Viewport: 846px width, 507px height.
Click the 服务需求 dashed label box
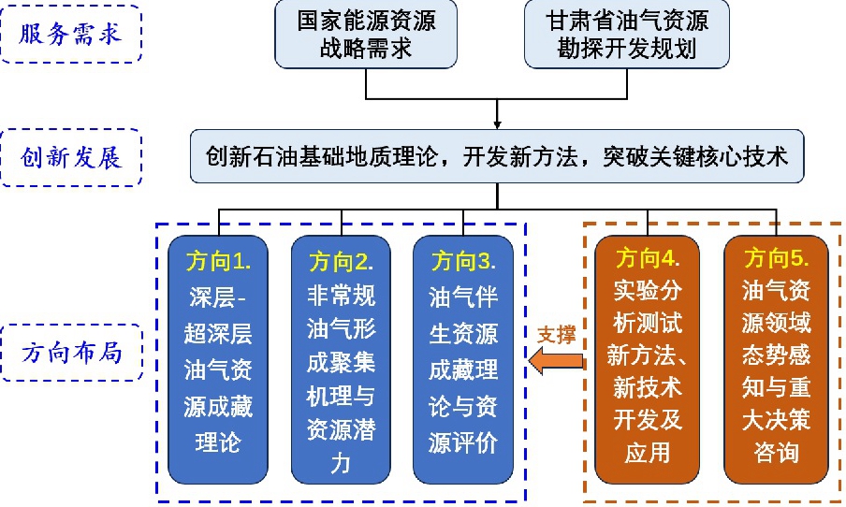tap(71, 34)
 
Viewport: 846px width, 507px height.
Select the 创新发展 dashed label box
tap(71, 157)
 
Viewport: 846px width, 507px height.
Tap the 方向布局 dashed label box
tap(72, 353)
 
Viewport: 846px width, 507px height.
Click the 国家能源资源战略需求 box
tap(366, 34)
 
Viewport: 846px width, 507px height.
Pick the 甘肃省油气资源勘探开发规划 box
tap(627, 34)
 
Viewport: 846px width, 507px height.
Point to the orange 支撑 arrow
tap(558, 361)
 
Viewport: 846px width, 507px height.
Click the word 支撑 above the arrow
tap(556, 334)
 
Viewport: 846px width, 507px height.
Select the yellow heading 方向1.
tap(218, 262)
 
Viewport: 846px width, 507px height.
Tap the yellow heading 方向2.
tap(341, 262)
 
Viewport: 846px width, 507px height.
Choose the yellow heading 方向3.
tap(463, 261)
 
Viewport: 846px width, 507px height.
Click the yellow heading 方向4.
tap(648, 258)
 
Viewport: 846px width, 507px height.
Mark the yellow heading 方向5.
tap(777, 258)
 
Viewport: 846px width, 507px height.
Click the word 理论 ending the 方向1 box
tap(218, 442)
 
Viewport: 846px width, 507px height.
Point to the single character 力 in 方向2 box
tap(341, 463)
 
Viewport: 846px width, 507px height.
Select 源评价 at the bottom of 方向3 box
tap(463, 442)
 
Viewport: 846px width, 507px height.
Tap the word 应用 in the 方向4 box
tap(648, 452)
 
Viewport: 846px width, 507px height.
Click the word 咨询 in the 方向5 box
tap(777, 452)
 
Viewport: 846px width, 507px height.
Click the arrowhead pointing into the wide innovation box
tap(497, 125)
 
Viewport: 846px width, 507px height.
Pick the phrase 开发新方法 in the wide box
tap(520, 157)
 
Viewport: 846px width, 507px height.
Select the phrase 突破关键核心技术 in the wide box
tap(696, 157)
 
